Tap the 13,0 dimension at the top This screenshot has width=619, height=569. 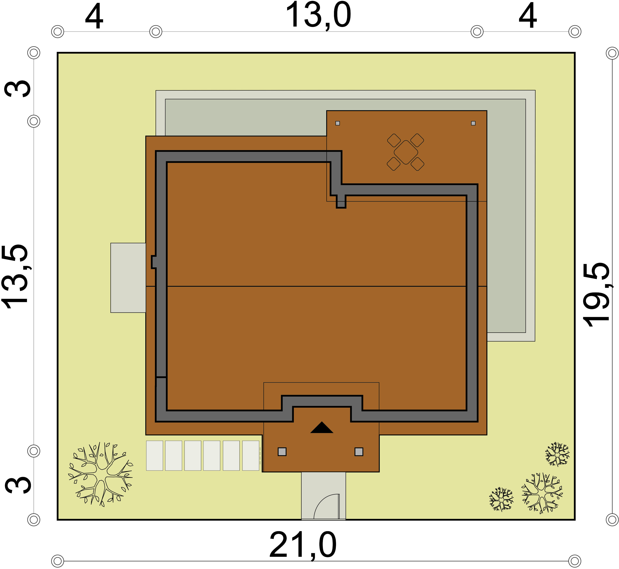coord(318,15)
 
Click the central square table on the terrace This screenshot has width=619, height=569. coord(406,152)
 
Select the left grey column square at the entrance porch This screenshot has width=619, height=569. coord(282,452)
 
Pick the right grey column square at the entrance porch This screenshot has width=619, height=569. coord(359,452)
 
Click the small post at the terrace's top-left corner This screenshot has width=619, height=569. coord(338,123)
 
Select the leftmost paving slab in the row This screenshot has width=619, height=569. coord(155,456)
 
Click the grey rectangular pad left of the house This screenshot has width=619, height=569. coord(128,278)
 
